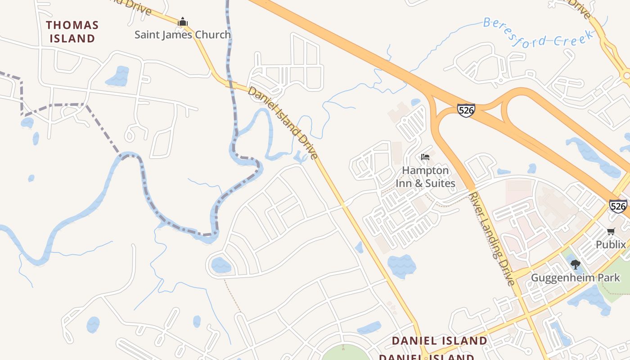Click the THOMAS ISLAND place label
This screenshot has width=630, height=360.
(x=72, y=31)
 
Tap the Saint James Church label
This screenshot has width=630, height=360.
(x=183, y=35)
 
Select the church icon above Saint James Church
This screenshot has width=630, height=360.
(x=183, y=21)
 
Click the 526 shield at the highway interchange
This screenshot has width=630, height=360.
(x=466, y=110)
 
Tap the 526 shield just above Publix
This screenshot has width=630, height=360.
(x=618, y=206)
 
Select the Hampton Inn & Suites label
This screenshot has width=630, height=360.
(x=425, y=177)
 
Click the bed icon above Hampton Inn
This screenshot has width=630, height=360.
(x=425, y=157)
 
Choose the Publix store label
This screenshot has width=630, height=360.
(x=611, y=244)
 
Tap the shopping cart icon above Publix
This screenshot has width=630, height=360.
(x=611, y=232)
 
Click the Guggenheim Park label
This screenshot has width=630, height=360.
(x=575, y=278)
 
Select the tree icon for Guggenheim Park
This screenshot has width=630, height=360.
(x=575, y=265)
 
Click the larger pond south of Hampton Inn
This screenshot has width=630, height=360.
(x=402, y=265)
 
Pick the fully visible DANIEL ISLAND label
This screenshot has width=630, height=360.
(x=439, y=341)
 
